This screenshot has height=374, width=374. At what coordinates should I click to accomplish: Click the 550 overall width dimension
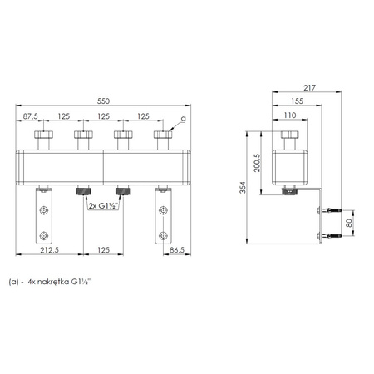click(103, 101)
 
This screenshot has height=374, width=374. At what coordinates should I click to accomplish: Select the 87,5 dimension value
click(30, 116)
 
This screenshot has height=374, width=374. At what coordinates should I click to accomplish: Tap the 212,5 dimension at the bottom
click(50, 250)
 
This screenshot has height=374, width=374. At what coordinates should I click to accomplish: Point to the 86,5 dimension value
click(177, 250)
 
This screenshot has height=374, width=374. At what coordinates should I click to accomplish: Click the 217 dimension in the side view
click(309, 88)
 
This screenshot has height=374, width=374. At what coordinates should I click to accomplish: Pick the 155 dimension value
click(297, 101)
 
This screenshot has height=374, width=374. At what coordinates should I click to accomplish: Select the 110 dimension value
click(290, 116)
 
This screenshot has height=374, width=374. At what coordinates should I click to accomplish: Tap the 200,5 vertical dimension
click(257, 163)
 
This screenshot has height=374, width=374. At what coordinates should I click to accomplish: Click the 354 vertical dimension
click(243, 188)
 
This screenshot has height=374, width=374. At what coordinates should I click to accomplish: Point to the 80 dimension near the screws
click(349, 223)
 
